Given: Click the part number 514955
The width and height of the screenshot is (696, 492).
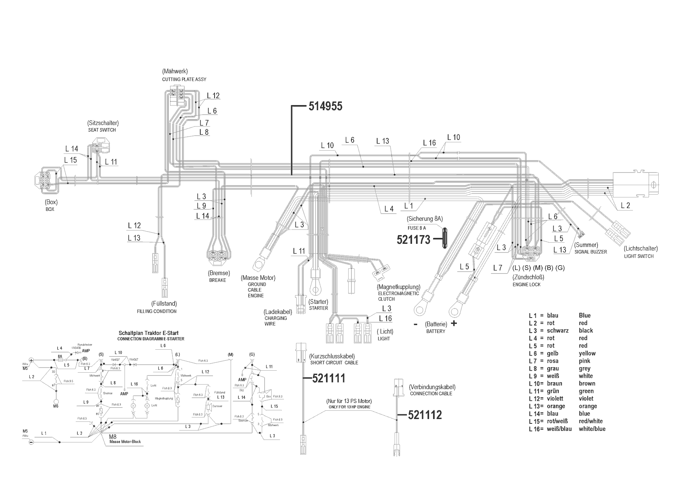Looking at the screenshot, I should tap(325, 106).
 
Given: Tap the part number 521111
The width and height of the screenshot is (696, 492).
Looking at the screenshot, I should tap(328, 378).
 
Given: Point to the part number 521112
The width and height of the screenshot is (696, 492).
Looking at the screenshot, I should tap(425, 415).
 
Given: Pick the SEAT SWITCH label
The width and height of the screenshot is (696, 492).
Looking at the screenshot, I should tap(102, 130).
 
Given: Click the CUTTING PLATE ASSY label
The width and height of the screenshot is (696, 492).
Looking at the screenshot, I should tap(184, 79).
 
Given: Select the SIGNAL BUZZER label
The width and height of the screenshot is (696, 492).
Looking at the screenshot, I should tap(591, 252).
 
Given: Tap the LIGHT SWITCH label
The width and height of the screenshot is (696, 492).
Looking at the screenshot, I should tap(638, 256).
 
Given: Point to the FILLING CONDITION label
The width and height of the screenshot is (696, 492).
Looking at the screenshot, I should tap(157, 311).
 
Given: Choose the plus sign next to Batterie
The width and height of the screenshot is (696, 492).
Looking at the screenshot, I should tap(454, 324).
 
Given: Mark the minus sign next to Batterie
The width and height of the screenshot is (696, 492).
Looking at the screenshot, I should tap(416, 324).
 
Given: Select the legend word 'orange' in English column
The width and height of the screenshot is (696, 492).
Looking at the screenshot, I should tap(588, 406).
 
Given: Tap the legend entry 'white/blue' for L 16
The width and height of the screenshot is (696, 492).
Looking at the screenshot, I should tap(592, 429).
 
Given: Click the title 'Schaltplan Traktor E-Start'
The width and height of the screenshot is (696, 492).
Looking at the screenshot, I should tap(150, 333).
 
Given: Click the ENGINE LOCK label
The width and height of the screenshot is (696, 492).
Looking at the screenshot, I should tap(526, 285).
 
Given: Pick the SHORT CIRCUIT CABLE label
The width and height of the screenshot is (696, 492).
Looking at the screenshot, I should tap(334, 363).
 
